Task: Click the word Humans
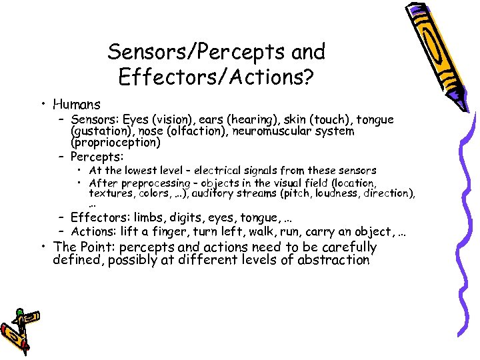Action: tap(77, 105)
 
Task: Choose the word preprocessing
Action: tap(157, 183)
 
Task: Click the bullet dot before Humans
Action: tap(43, 105)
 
